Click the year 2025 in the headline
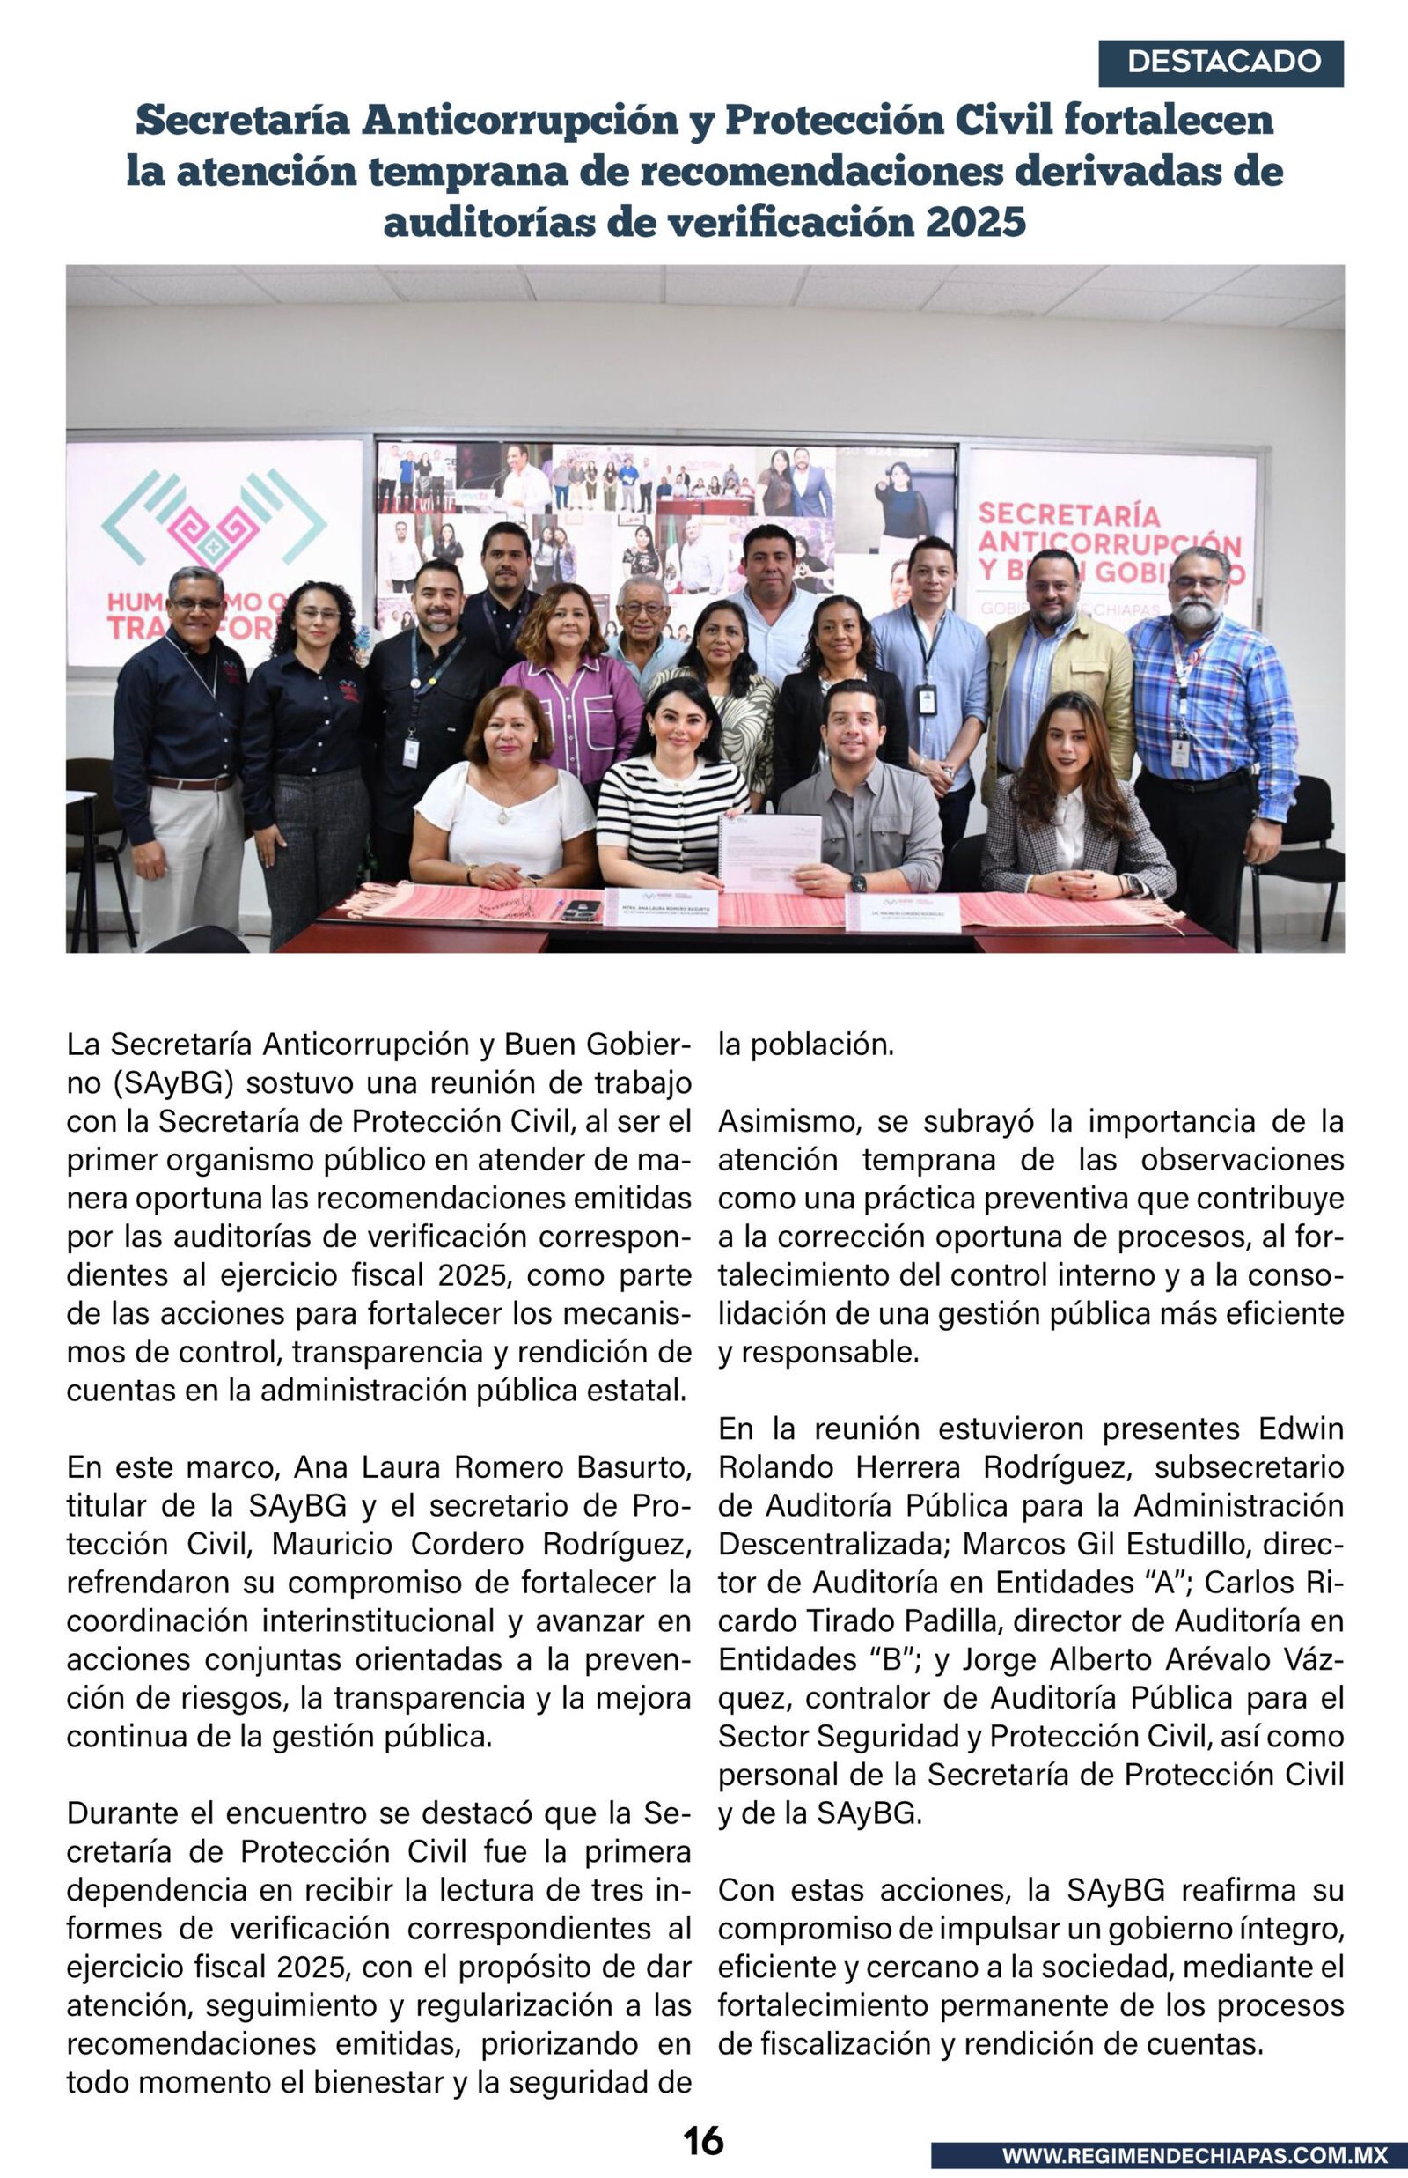(975, 222)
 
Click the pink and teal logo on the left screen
(215, 530)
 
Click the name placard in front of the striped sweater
(661, 908)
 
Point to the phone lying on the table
(581, 909)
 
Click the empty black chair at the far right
(1309, 842)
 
